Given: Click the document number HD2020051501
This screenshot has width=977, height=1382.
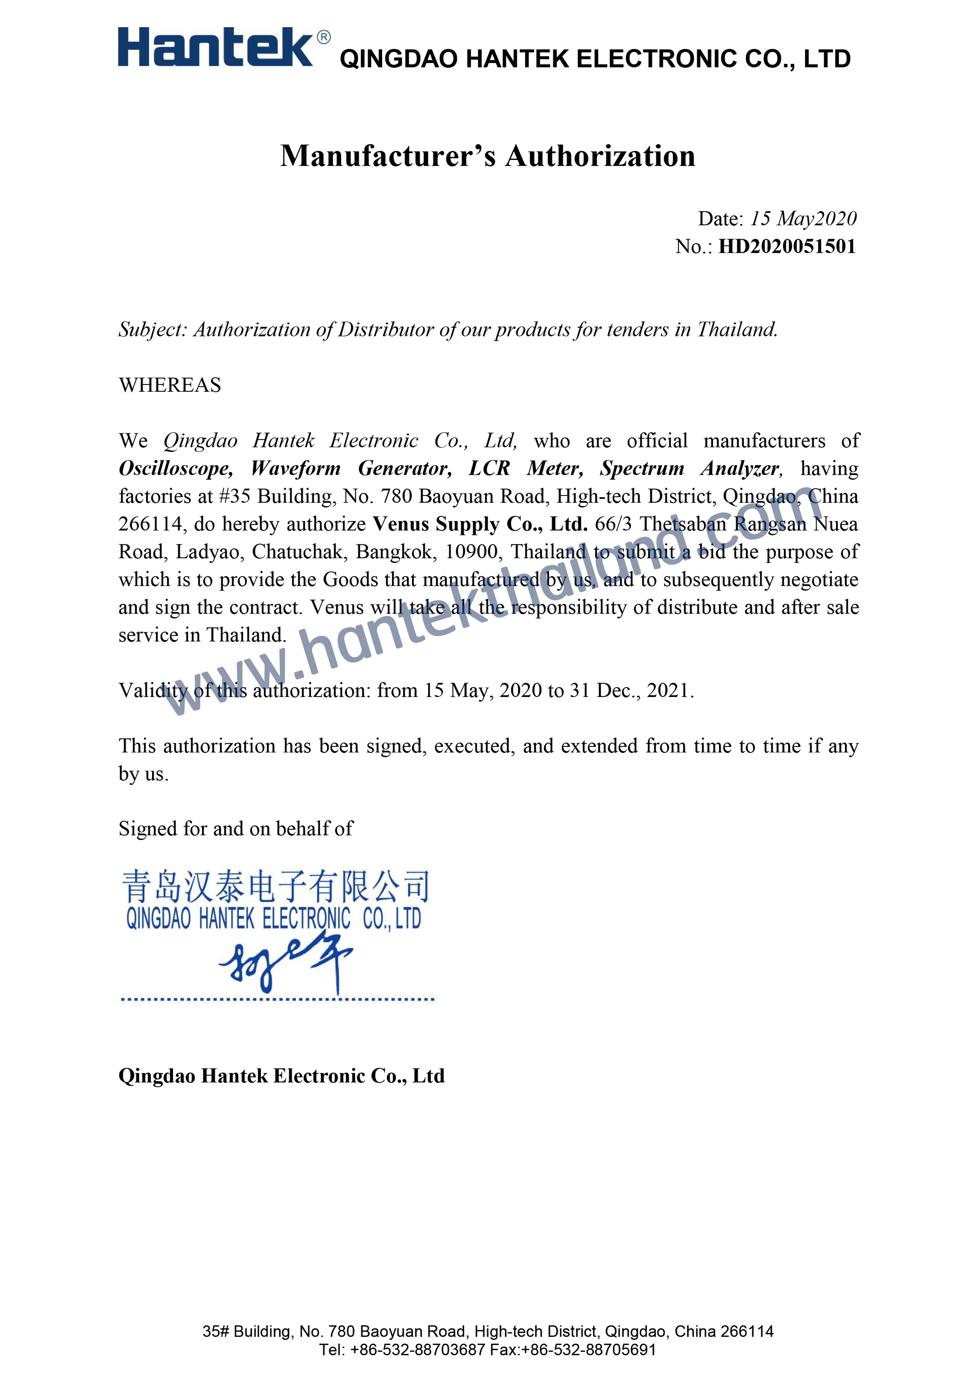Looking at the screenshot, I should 787,247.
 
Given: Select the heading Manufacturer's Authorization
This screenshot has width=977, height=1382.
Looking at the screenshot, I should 488,156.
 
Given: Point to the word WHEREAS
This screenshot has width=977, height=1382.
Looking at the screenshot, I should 170,385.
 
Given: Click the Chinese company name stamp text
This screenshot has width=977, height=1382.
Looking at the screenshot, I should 276,887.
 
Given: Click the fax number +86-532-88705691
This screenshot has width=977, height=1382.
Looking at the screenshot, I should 588,1349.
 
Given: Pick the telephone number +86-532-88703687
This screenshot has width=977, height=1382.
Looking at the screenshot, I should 417,1349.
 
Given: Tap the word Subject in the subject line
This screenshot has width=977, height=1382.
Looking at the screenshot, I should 152,330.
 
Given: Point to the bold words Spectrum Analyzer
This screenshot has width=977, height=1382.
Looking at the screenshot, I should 691,468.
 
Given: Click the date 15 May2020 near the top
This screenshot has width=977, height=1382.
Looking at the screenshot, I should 803,219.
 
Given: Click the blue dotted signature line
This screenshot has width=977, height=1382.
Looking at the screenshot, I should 277,999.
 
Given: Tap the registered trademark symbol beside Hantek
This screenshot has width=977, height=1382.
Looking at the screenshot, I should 323,37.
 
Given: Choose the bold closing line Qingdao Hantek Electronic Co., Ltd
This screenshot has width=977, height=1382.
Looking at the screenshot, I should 281,1076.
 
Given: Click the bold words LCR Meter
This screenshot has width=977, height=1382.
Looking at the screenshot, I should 526,468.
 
